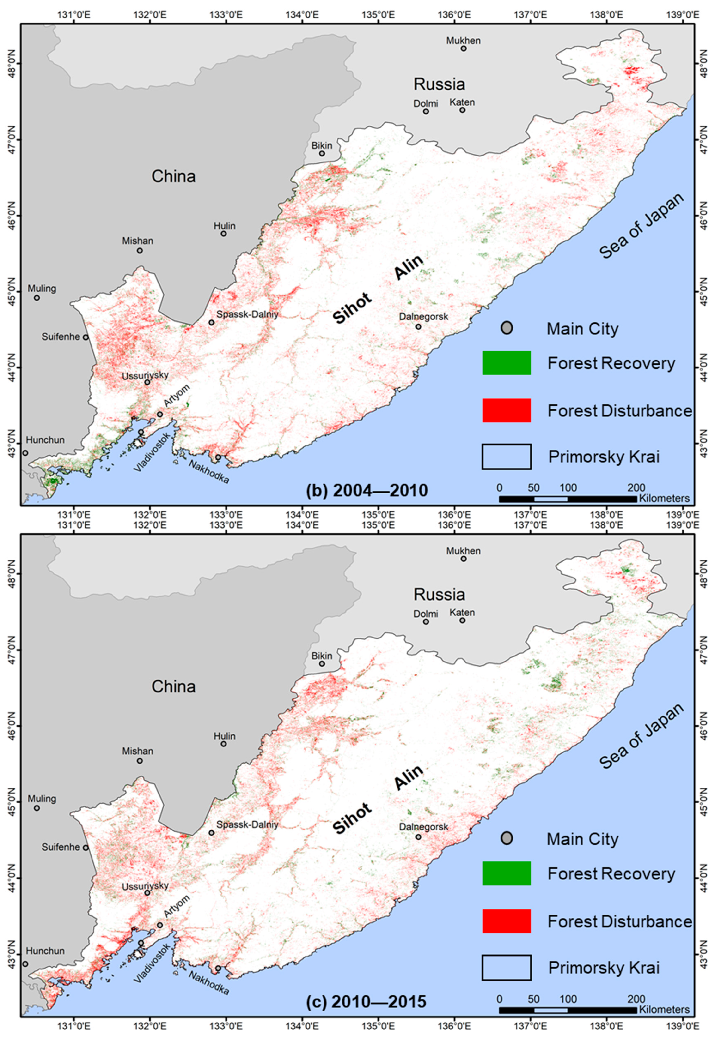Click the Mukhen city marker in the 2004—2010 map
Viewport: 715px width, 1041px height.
[464, 48]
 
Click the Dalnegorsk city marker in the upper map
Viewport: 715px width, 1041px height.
[418, 326]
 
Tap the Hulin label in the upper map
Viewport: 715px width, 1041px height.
[225, 226]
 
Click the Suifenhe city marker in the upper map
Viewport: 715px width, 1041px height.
[86, 337]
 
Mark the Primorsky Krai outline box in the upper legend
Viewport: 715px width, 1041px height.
[507, 457]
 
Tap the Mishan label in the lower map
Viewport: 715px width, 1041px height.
[138, 751]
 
